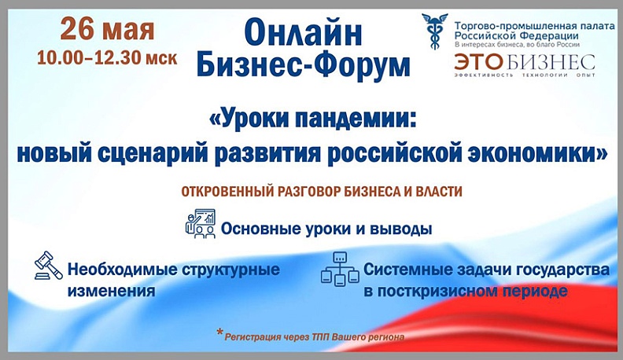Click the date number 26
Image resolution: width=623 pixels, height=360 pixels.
[x=79, y=31]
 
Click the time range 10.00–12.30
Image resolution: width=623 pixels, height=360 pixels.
[x=95, y=58]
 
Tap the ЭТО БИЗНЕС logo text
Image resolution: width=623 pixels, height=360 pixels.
[x=524, y=62]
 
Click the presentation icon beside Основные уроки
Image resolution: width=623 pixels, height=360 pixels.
[x=200, y=224]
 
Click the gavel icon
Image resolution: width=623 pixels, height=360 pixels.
[x=47, y=266]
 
